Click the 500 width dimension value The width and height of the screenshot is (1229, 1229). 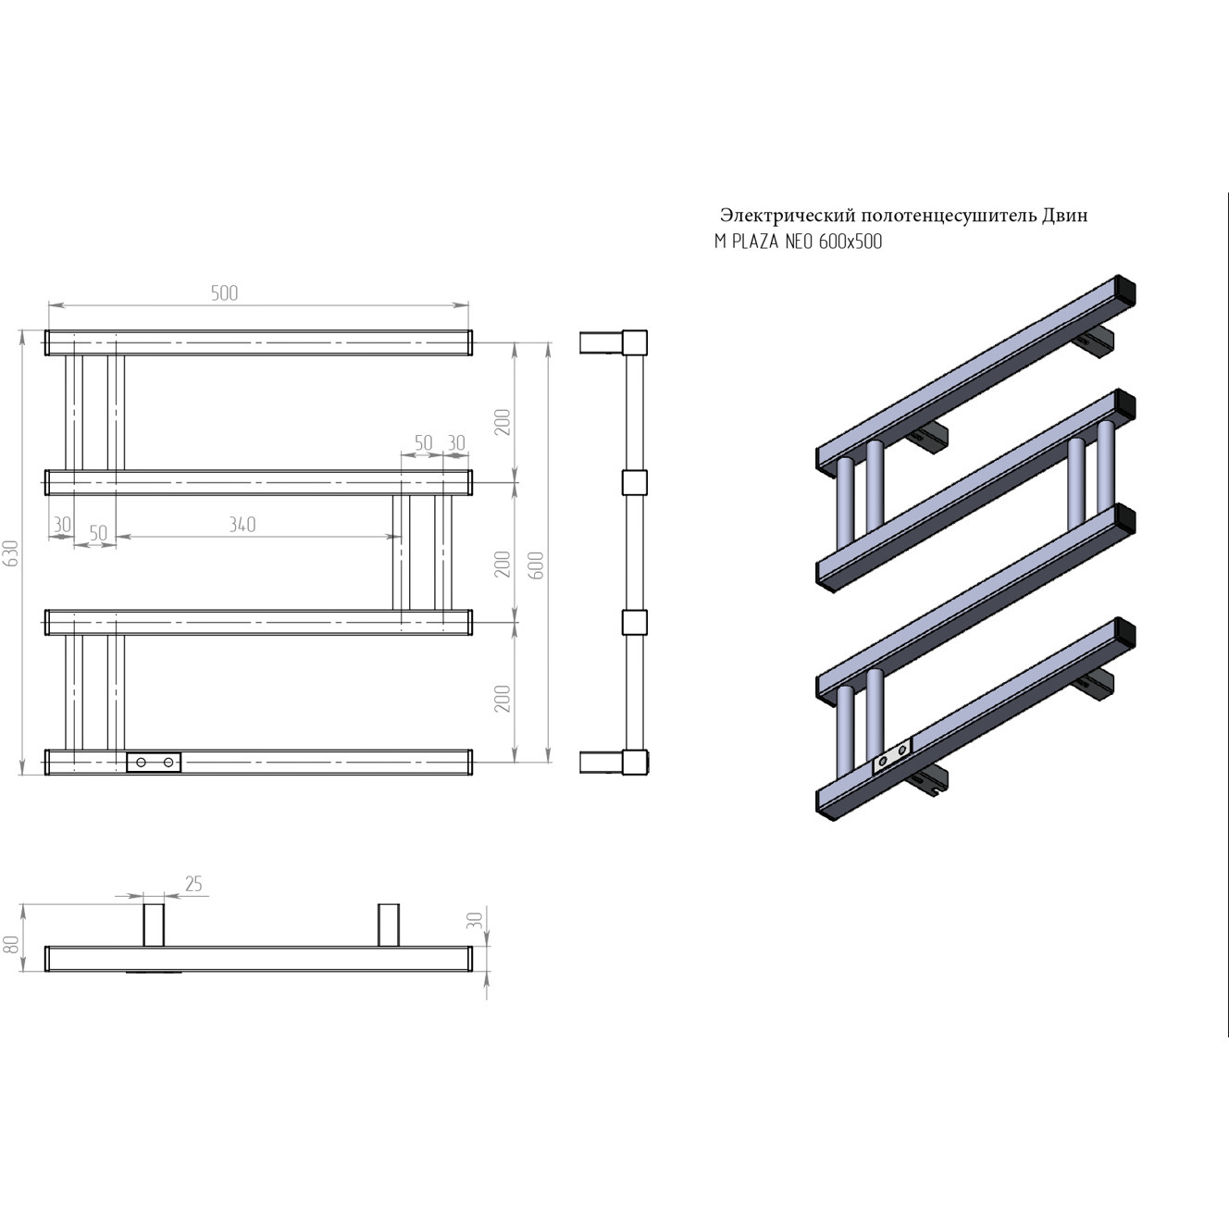pos(224,292)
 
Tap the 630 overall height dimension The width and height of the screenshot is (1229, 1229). pos(12,552)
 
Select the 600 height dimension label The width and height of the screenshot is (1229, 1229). pos(537,565)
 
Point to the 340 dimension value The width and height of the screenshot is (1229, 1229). pos(242,524)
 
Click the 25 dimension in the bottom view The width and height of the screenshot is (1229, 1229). pos(193,883)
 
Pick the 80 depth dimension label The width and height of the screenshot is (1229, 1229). pos(12,945)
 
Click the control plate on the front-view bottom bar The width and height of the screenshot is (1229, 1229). pos(154,763)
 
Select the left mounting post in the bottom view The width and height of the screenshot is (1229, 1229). pos(154,925)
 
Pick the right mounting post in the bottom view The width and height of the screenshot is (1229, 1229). pos(389,925)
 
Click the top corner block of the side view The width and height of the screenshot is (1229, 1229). pos(635,342)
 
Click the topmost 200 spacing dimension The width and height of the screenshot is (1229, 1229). pos(503,422)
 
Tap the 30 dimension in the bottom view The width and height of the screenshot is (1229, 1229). pos(475,919)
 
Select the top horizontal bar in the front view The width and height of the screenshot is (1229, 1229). pos(258,342)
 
